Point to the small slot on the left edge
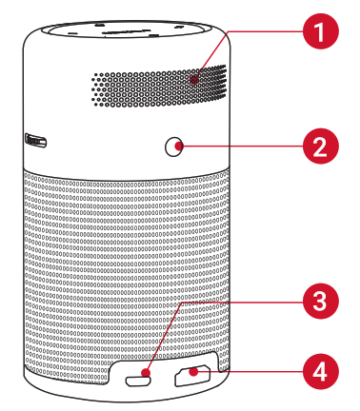[36, 142]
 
